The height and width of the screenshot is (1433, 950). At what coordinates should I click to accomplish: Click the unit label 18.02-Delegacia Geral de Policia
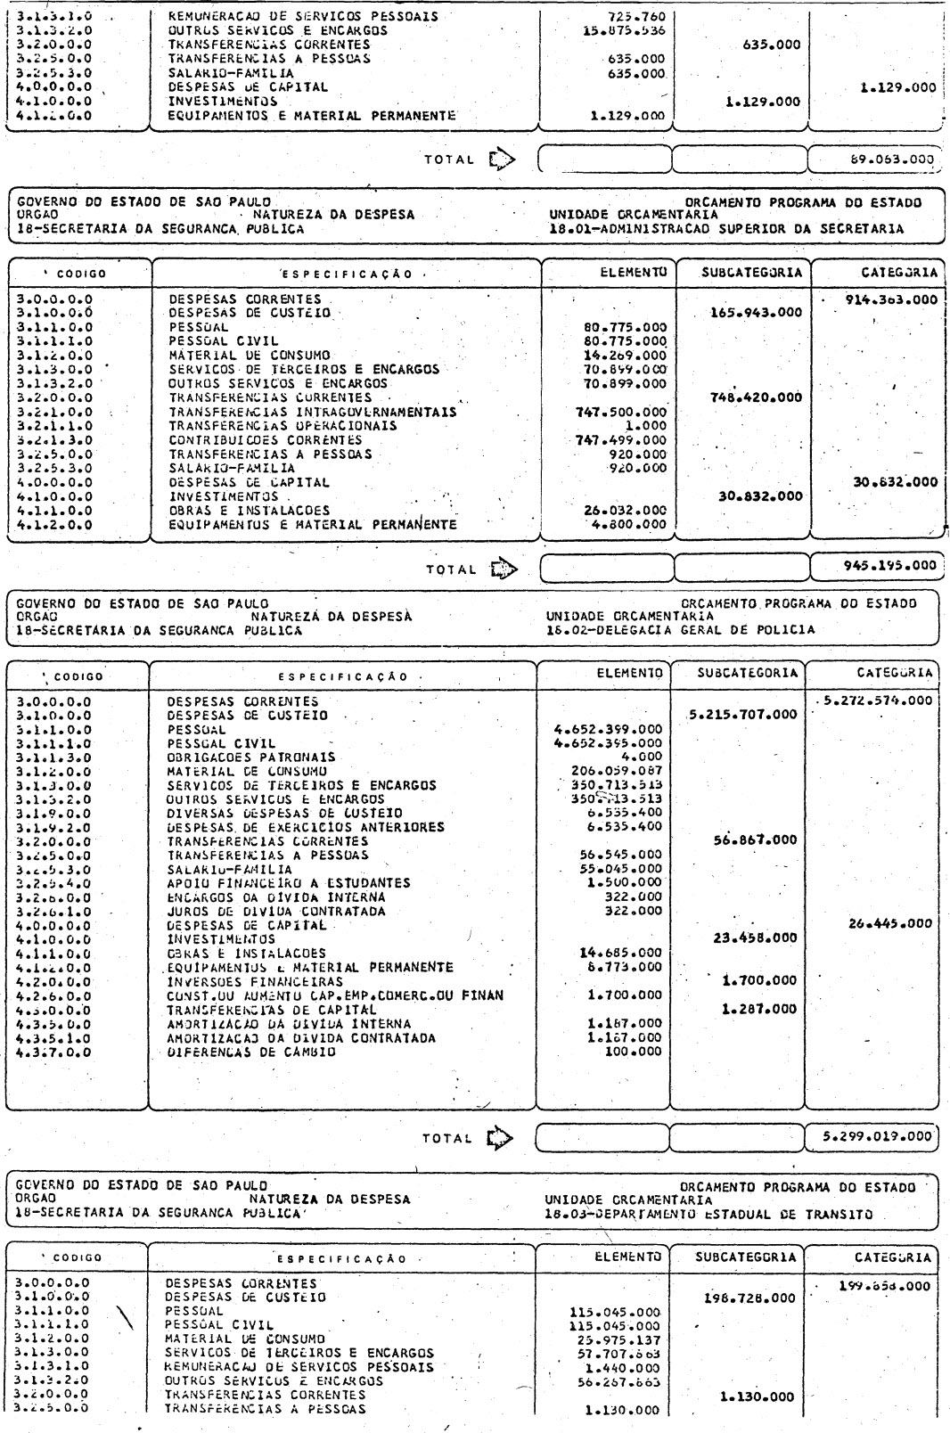click(682, 629)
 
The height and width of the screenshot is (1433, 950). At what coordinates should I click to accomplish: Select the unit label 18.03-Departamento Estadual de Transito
click(709, 1214)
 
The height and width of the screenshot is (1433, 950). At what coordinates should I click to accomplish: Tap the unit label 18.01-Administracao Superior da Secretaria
click(727, 228)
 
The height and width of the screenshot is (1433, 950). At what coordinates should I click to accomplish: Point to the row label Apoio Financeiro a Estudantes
click(289, 882)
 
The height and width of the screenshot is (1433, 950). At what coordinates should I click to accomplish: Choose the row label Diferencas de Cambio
click(251, 1052)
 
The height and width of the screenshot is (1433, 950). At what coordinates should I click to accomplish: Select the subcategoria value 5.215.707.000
click(743, 715)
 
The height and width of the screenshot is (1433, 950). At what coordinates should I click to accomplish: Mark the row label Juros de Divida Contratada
click(276, 911)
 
